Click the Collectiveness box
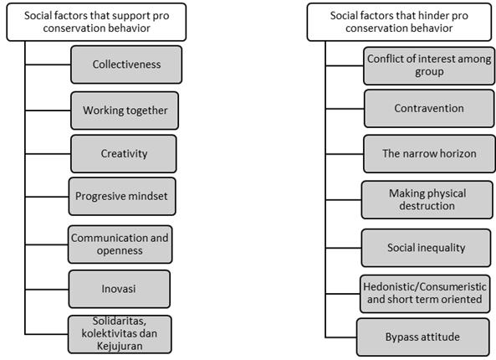(126, 64)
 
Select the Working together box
(125, 111)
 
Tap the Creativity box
(124, 154)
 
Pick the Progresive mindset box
(122, 197)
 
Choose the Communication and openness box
(120, 244)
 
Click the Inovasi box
(120, 289)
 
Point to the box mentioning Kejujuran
(120, 334)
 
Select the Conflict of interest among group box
(429, 66)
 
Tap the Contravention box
(429, 109)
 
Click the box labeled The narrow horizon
(429, 154)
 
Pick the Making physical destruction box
(427, 200)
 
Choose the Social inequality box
(426, 248)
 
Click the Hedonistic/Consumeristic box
(425, 294)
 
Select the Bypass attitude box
(423, 337)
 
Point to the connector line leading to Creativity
(48, 154)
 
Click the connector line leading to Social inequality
(344, 248)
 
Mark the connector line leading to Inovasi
(47, 290)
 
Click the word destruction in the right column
(427, 206)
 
